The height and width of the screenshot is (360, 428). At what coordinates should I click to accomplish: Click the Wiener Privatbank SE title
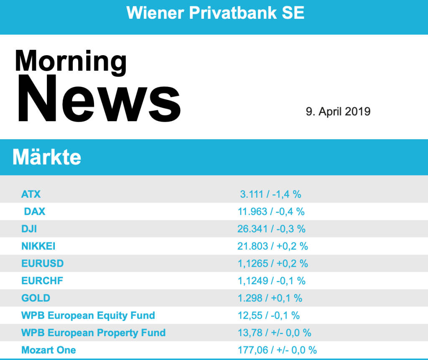tap(215, 13)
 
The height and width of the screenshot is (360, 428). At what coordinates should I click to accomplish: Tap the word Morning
tap(71, 61)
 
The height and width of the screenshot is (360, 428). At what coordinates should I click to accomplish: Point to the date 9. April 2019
tap(338, 112)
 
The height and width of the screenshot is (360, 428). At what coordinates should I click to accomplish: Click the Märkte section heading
tap(47, 158)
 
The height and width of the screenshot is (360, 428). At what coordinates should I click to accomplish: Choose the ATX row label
tap(31, 194)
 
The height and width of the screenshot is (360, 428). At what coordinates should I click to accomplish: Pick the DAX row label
tap(35, 212)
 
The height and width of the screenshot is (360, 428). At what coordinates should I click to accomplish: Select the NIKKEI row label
tap(39, 246)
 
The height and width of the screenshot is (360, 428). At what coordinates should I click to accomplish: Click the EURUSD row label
tap(43, 263)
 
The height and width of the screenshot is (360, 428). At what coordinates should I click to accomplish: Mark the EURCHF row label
tap(42, 281)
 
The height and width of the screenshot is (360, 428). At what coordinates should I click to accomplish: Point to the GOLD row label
tap(36, 298)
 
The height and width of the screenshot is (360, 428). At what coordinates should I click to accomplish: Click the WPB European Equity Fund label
tap(88, 315)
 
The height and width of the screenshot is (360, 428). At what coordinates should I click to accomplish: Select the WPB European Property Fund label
tap(94, 333)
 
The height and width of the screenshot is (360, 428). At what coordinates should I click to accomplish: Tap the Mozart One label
tap(49, 350)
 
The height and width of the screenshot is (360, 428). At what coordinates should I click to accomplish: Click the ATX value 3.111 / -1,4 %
tap(270, 194)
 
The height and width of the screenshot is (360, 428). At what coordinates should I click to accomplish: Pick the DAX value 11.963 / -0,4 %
tap(271, 212)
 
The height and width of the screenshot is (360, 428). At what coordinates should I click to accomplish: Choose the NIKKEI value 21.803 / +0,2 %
tap(273, 246)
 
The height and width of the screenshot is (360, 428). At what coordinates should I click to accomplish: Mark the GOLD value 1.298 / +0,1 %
tap(270, 298)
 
